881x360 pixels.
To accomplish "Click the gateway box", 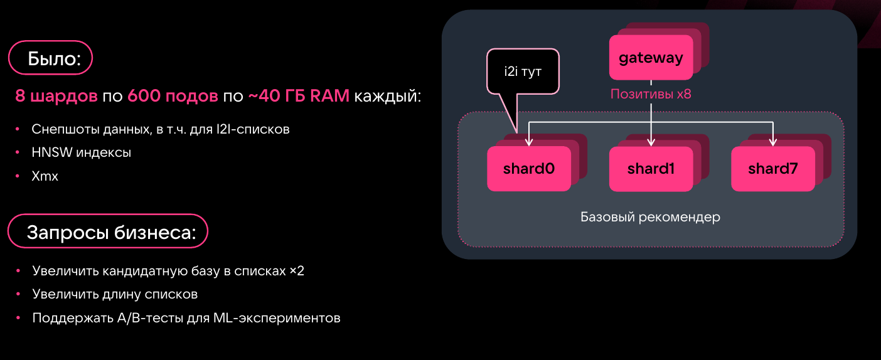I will point(651,58).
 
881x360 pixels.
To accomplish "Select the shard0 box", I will point(528,169).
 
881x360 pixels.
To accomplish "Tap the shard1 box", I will point(651,169).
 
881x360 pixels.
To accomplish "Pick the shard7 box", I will point(772,169).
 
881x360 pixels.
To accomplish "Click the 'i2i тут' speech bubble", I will point(522,71).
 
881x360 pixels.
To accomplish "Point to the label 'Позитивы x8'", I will point(651,95).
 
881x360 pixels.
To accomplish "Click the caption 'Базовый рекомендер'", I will point(650,218).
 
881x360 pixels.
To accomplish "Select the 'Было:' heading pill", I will point(50,59).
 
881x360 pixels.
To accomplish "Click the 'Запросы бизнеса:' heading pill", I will point(107,233).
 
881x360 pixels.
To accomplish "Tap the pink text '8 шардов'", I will point(56,97).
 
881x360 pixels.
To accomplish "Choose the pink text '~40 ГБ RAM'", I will point(299,97).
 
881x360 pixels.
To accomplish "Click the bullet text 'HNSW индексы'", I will point(81,152).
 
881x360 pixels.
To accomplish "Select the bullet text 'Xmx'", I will point(45,176).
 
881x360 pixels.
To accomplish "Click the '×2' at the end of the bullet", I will point(297,271).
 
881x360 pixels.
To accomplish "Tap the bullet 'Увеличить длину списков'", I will point(115,294).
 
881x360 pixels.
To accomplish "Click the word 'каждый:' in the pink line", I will point(388,97).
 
